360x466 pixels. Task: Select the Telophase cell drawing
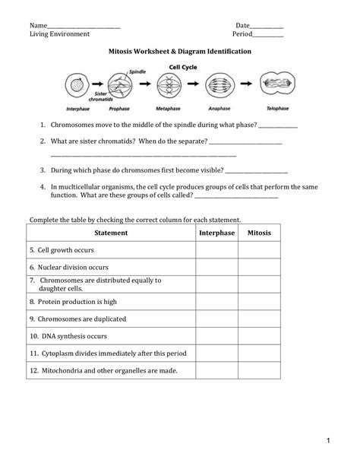coord(275,85)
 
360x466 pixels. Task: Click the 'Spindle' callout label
coord(137,71)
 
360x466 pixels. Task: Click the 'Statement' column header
coord(111,233)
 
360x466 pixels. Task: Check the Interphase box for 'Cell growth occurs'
coord(216,249)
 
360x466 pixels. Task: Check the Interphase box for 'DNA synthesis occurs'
coord(216,336)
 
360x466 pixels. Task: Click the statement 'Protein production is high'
coord(73,301)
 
